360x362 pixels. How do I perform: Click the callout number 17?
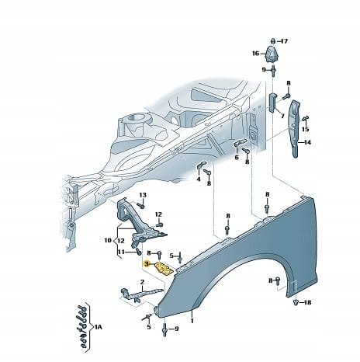(x=284, y=41)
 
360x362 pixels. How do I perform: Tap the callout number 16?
(x=255, y=54)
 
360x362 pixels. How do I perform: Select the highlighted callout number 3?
(x=147, y=264)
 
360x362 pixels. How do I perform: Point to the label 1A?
(x=99, y=327)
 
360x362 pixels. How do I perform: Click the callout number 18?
(x=308, y=302)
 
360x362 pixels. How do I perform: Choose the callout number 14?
(x=307, y=142)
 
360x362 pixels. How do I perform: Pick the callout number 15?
(x=306, y=129)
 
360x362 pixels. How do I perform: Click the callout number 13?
(x=143, y=195)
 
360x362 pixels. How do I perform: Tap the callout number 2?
(x=142, y=282)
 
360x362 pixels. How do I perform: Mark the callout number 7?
(x=282, y=116)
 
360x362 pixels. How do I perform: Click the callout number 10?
(x=108, y=241)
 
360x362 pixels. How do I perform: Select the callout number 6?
(x=237, y=157)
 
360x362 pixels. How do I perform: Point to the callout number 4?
(x=199, y=179)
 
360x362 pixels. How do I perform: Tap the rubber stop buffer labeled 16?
(x=270, y=54)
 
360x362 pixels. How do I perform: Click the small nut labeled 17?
(x=273, y=41)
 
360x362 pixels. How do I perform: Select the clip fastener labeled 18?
(x=296, y=302)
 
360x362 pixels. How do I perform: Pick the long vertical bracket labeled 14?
(x=295, y=127)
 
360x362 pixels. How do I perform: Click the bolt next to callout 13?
(x=140, y=206)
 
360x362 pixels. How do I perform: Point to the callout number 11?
(x=121, y=252)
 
